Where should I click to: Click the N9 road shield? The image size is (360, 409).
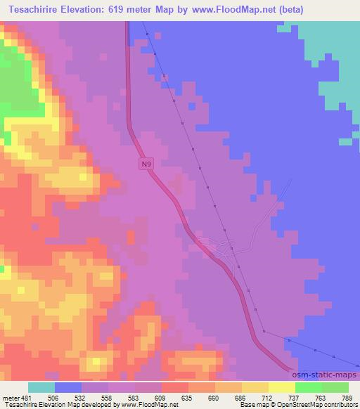pos(145,164)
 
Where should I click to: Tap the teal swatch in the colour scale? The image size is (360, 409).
pos(41,387)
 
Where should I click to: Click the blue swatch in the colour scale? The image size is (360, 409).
pos(68,387)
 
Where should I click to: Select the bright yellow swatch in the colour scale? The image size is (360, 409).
pos(282,387)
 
